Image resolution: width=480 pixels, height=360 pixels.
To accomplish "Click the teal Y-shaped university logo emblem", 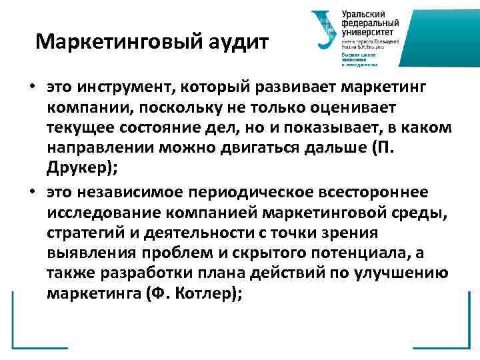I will pos(325,30).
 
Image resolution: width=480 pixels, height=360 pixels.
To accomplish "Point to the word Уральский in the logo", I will pos(365,14).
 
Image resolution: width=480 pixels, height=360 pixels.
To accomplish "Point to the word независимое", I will pos(137,193).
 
